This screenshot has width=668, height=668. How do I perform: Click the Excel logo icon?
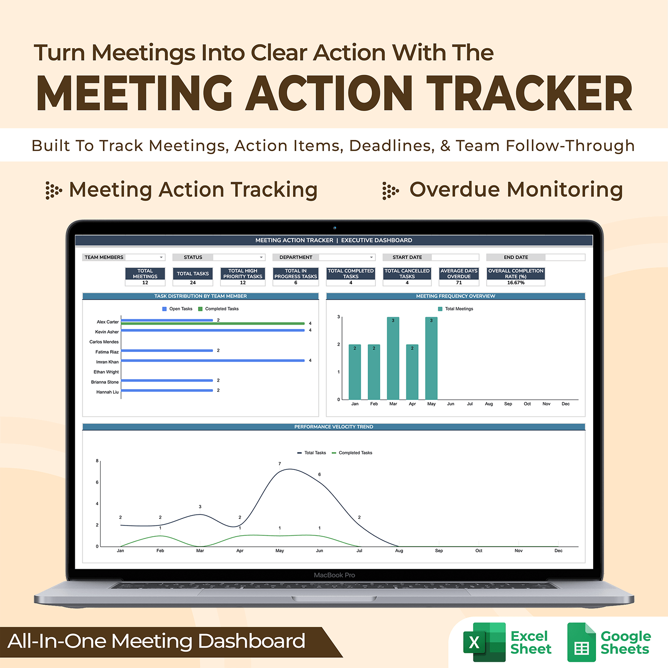484,642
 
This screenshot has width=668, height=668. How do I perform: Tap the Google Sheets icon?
581,642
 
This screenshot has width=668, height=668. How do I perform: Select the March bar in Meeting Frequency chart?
393,358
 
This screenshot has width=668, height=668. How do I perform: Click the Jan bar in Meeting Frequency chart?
354,372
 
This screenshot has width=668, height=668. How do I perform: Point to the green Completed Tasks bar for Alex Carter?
213,323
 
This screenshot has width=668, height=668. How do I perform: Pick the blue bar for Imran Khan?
213,360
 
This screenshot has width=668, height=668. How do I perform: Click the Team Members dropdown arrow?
161,257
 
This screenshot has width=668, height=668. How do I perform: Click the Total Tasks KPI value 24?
193,282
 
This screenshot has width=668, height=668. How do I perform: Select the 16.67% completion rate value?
516,283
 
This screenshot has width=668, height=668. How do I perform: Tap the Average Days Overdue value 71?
459,283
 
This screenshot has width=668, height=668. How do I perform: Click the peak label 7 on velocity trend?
280,464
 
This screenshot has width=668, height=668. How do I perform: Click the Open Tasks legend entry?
177,309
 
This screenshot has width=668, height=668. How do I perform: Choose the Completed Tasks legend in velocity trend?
352,453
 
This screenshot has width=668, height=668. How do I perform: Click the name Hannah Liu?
107,392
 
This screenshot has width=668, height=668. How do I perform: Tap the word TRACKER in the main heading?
529,93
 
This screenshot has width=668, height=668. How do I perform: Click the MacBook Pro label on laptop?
334,575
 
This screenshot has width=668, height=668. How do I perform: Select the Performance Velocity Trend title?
334,427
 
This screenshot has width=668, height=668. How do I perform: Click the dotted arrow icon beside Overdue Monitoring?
391,191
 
